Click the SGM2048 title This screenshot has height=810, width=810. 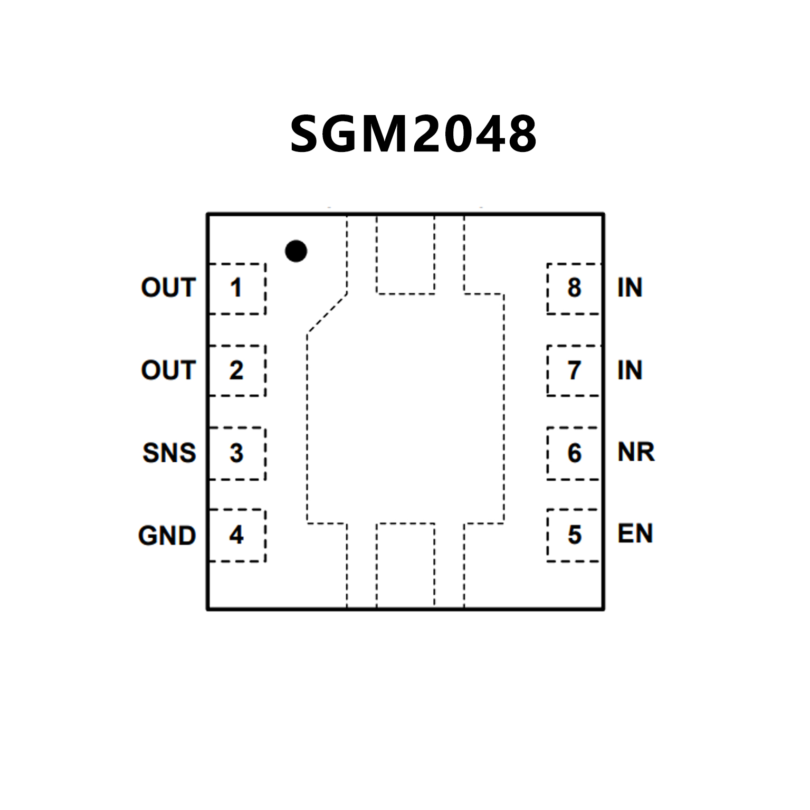[x=413, y=134]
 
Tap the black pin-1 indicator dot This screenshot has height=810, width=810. [x=296, y=251]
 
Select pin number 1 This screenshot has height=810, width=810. [x=236, y=288]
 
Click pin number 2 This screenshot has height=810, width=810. [x=236, y=370]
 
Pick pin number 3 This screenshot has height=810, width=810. [x=236, y=453]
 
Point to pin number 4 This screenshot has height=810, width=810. [x=236, y=535]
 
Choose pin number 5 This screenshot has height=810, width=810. [x=574, y=535]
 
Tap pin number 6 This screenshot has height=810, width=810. [x=574, y=453]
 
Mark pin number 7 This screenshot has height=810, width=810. [x=574, y=370]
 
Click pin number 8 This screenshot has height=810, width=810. [x=574, y=288]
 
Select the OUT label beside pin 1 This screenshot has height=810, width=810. [x=168, y=288]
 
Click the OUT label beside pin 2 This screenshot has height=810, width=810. [x=168, y=370]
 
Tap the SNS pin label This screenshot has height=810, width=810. [x=169, y=453]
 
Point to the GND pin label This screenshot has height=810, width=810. [x=167, y=536]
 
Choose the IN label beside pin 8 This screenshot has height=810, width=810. [x=630, y=288]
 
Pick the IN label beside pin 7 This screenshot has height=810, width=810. [x=630, y=370]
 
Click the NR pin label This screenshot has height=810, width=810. [x=636, y=452]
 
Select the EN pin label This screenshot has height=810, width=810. [x=635, y=534]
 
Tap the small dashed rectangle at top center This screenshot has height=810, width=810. [x=405, y=254]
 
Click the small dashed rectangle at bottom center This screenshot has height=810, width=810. [x=405, y=565]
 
